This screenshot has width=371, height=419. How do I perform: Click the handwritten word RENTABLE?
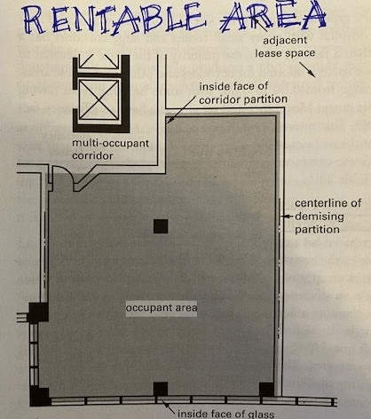click(x=114, y=19)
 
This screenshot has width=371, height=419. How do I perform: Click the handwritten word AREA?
click(x=272, y=15)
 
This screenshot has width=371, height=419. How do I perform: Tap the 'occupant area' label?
click(x=162, y=308)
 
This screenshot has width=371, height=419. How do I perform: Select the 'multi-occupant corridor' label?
click(x=111, y=149)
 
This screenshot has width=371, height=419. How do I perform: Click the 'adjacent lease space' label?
click(x=285, y=46)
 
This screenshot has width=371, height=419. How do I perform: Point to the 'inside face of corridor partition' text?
click(x=243, y=93)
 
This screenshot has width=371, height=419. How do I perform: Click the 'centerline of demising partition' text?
click(x=328, y=216)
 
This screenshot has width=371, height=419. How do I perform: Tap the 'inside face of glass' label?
click(x=226, y=414)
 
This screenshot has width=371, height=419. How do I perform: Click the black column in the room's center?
click(x=161, y=226)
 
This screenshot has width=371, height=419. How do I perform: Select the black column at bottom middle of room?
click(x=161, y=389)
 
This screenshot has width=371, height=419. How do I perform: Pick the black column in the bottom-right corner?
click(x=266, y=390)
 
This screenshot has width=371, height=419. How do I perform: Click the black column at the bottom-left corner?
click(x=40, y=396)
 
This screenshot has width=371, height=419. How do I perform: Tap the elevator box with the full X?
click(x=99, y=99)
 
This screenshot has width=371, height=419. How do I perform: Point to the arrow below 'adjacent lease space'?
click(x=307, y=69)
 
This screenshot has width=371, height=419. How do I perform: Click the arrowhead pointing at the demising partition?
click(x=283, y=217)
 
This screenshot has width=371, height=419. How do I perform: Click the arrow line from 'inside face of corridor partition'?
click(x=181, y=108)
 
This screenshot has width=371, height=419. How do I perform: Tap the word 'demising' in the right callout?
click(x=320, y=217)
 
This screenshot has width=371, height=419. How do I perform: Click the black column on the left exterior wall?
click(x=38, y=312)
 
